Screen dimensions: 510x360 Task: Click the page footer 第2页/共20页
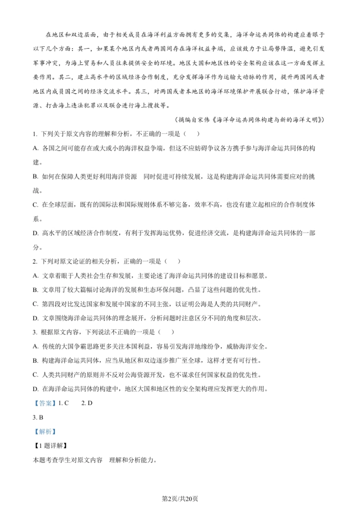click(180, 499)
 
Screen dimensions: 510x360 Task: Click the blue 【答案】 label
click(44, 403)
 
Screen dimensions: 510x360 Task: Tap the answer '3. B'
click(38, 417)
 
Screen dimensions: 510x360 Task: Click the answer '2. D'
click(87, 403)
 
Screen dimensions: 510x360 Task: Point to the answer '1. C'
click(63, 403)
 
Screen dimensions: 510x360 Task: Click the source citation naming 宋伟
click(250, 120)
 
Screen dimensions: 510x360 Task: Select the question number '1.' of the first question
click(35, 134)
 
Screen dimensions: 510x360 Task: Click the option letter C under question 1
click(35, 205)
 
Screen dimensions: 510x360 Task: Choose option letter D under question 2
click(35, 318)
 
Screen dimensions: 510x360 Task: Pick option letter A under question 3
click(35, 347)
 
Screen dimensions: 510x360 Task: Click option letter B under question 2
click(35, 290)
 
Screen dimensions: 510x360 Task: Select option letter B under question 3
click(35, 361)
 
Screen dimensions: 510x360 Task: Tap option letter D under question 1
click(35, 233)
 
